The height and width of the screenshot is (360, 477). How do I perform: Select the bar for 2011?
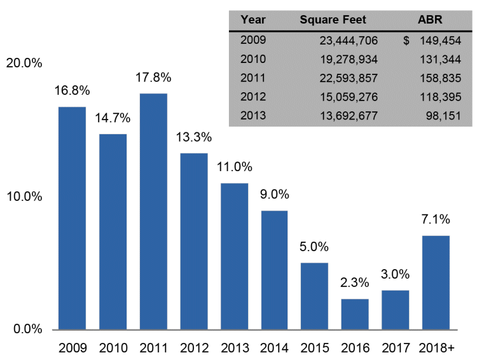(153, 211)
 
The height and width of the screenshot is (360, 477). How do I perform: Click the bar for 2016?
(355, 314)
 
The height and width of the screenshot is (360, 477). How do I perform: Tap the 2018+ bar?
(436, 282)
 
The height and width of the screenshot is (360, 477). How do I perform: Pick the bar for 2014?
(274, 270)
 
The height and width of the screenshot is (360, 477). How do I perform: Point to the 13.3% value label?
(193, 137)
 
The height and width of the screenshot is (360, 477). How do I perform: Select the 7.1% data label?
(436, 219)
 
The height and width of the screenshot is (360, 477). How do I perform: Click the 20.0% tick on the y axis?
(24, 64)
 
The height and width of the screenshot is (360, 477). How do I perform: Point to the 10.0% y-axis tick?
(24, 197)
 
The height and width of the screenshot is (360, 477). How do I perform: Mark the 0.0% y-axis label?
(26, 329)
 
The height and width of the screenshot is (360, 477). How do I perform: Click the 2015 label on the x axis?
(315, 348)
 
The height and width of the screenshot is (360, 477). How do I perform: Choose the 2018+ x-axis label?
(436, 348)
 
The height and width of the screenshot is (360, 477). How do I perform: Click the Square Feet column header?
(333, 19)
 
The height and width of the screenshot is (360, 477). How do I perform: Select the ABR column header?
(431, 19)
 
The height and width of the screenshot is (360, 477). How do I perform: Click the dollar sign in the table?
(406, 41)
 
